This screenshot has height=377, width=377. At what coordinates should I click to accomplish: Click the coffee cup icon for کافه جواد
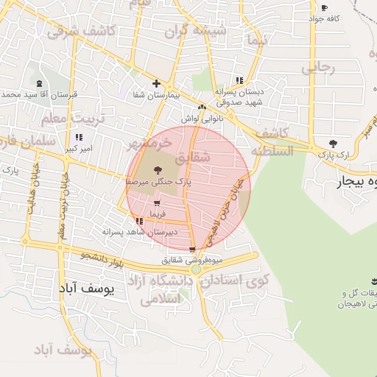click(325, 8)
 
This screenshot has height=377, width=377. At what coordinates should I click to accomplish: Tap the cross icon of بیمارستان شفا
click(156, 83)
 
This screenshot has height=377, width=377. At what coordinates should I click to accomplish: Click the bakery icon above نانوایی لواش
click(202, 108)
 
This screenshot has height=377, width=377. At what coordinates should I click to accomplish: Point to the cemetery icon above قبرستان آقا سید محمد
click(39, 85)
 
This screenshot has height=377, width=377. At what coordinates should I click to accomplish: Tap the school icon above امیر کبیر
click(79, 137)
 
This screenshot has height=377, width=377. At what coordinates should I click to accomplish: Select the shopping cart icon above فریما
click(157, 203)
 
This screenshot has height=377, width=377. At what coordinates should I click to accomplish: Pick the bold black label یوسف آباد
click(88, 289)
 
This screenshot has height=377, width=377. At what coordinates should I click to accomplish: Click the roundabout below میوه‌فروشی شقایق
click(196, 270)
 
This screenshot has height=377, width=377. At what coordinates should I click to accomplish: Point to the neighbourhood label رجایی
click(318, 68)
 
